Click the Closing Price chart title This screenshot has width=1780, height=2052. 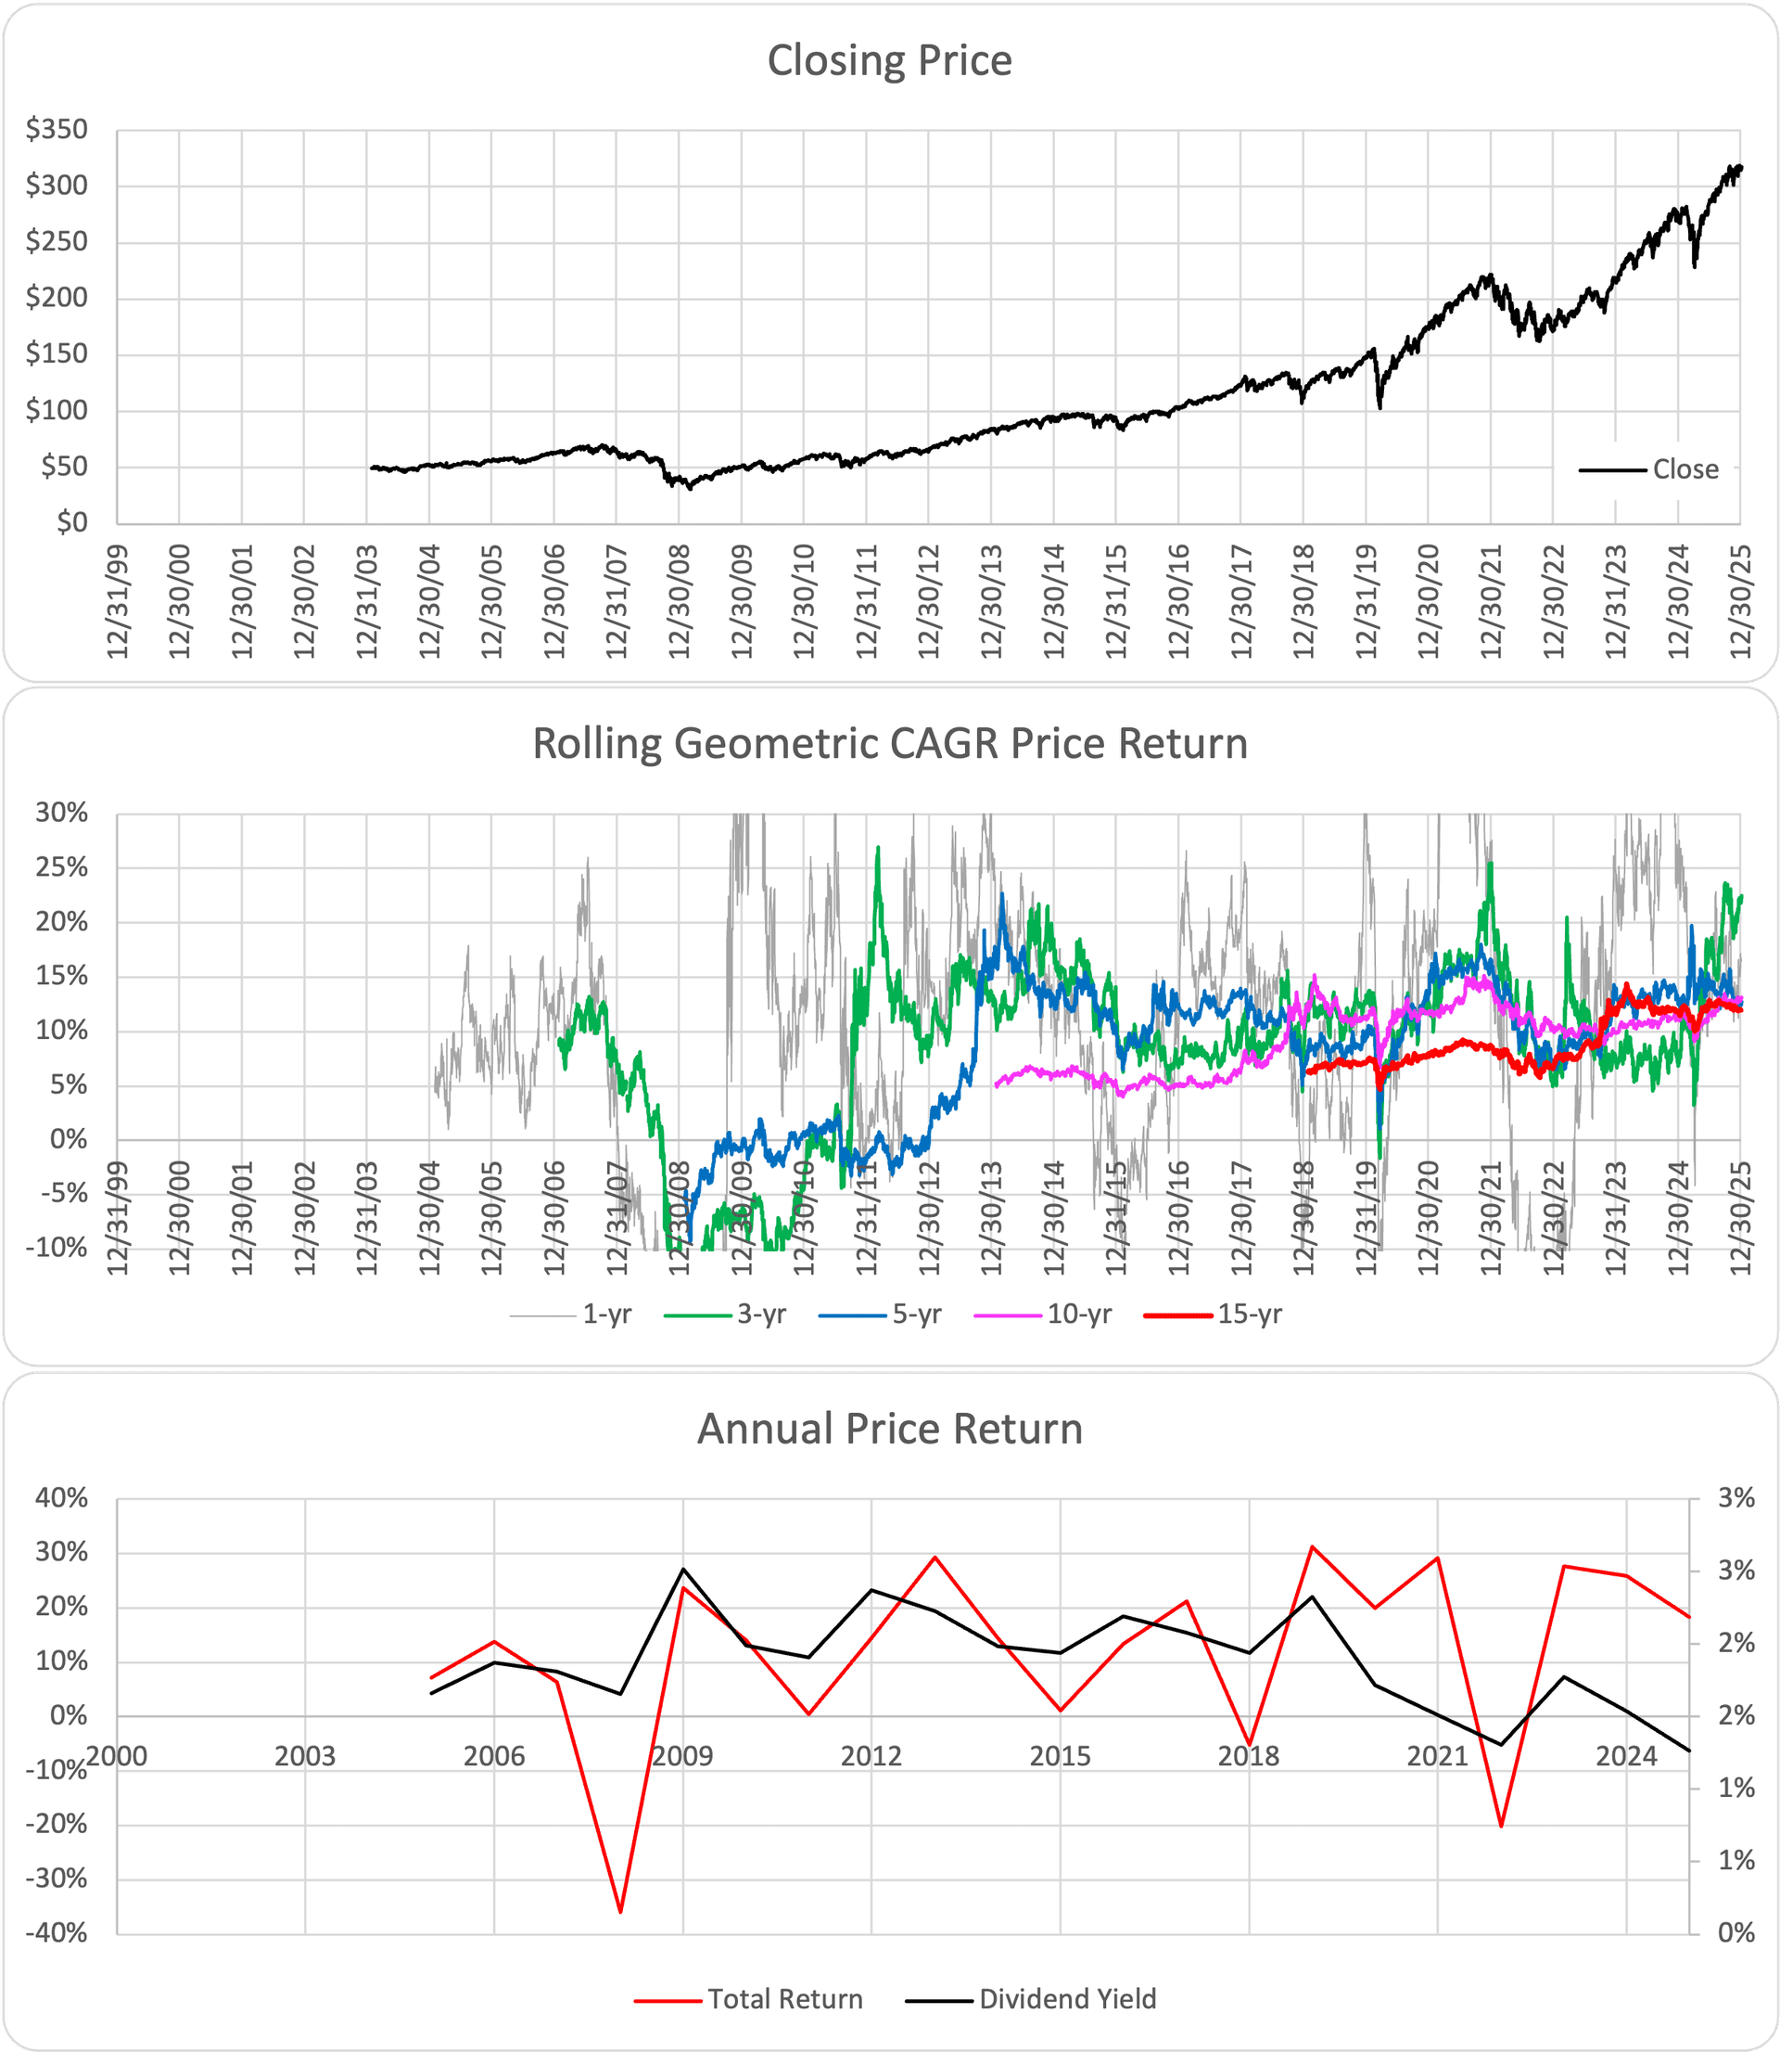pyautogui.click(x=889, y=60)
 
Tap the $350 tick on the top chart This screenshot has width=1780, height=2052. pyautogui.click(x=57, y=129)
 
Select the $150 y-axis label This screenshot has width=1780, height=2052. pyautogui.click(x=57, y=353)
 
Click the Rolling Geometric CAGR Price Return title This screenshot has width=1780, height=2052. pyautogui.click(x=889, y=744)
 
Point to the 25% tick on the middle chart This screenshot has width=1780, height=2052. pyautogui.click(x=61, y=867)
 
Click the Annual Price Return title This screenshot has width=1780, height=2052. pyautogui.click(x=889, y=1429)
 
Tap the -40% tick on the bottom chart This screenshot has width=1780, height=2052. pyautogui.click(x=61, y=1932)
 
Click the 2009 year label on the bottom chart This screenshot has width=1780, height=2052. pyautogui.click(x=682, y=1756)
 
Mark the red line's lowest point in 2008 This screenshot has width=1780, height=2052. pyautogui.click(x=620, y=1912)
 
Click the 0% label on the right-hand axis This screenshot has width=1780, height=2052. pyautogui.click(x=1736, y=1932)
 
